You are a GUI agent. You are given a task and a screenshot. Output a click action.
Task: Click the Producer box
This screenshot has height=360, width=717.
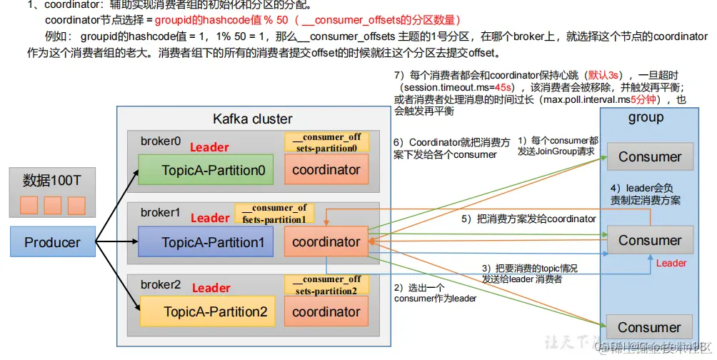click(53, 242)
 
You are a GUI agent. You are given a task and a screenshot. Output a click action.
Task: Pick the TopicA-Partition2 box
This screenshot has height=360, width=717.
click(206, 311)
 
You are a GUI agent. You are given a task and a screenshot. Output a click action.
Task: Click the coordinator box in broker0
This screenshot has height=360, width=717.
click(326, 171)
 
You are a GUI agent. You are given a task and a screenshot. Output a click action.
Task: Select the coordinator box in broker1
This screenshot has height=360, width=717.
click(326, 242)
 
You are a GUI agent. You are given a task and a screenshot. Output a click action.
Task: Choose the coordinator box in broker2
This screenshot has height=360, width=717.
click(326, 311)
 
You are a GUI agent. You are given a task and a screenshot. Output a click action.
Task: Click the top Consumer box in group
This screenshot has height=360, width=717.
click(649, 156)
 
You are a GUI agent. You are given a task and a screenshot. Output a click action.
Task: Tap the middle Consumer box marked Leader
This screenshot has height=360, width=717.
click(649, 240)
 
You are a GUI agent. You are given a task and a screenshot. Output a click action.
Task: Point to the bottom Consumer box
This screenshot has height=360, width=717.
click(649, 327)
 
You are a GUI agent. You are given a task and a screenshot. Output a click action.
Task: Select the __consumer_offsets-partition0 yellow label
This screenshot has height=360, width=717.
click(326, 141)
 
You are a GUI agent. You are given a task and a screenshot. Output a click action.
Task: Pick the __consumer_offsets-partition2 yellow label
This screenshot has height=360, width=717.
click(326, 285)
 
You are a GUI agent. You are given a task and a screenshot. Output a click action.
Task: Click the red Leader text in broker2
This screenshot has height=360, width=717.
click(211, 288)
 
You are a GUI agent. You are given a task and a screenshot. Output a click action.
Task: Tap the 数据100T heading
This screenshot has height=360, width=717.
click(53, 179)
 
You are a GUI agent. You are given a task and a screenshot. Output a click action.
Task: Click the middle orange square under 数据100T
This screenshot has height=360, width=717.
click(53, 206)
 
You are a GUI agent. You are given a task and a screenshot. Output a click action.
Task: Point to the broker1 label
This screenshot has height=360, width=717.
click(159, 213)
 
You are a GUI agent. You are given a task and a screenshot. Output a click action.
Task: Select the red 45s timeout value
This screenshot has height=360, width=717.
click(503, 87)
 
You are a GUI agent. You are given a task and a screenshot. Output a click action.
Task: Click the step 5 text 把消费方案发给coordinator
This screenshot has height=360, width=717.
click(528, 219)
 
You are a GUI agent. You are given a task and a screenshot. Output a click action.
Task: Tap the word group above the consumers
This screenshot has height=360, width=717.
click(646, 117)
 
